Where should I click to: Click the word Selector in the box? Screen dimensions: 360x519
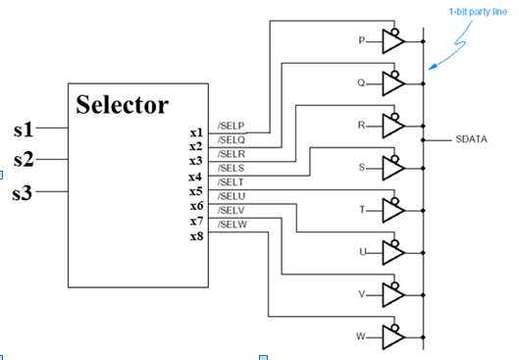pyautogui.click(x=122, y=105)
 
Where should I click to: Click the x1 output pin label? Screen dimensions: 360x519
pyautogui.click(x=195, y=130)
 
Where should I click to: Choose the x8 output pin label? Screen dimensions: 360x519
pyautogui.click(x=195, y=236)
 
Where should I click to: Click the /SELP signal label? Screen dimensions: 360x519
pyautogui.click(x=231, y=127)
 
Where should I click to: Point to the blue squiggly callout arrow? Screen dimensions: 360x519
pyautogui.click(x=456, y=49)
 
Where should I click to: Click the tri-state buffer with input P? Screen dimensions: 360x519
pyautogui.click(x=391, y=42)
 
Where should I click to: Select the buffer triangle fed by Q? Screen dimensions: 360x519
pyautogui.click(x=391, y=84)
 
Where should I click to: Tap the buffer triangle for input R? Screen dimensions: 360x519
pyautogui.click(x=391, y=127)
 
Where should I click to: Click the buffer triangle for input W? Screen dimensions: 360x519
pyautogui.click(x=391, y=337)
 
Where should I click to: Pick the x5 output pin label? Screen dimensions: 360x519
pyautogui.click(x=195, y=191)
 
